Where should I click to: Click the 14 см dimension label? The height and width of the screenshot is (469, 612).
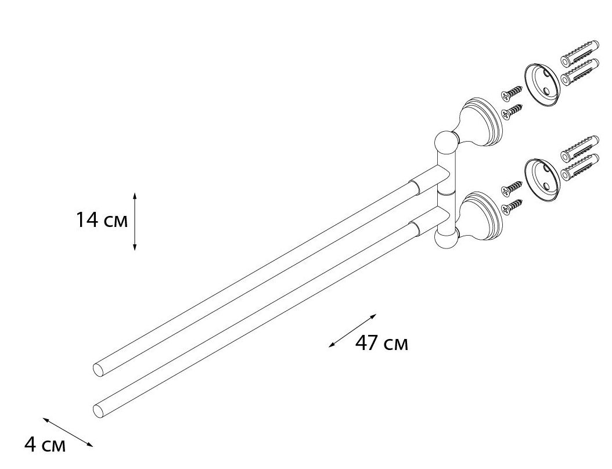coord(102,219)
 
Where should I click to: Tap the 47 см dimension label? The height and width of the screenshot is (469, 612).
coord(381,343)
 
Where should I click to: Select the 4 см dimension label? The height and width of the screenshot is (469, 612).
coord(45,445)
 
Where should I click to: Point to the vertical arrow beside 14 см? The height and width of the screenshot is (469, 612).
coord(135,221)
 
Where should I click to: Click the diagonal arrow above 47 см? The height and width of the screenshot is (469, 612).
coord(352,330)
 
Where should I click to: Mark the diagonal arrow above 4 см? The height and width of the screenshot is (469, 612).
coord(68,432)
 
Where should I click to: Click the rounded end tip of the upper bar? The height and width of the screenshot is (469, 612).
coord(98,370)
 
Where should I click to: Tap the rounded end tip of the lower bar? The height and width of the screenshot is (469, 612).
coord(98,412)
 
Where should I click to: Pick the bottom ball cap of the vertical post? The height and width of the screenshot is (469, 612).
coord(445,240)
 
